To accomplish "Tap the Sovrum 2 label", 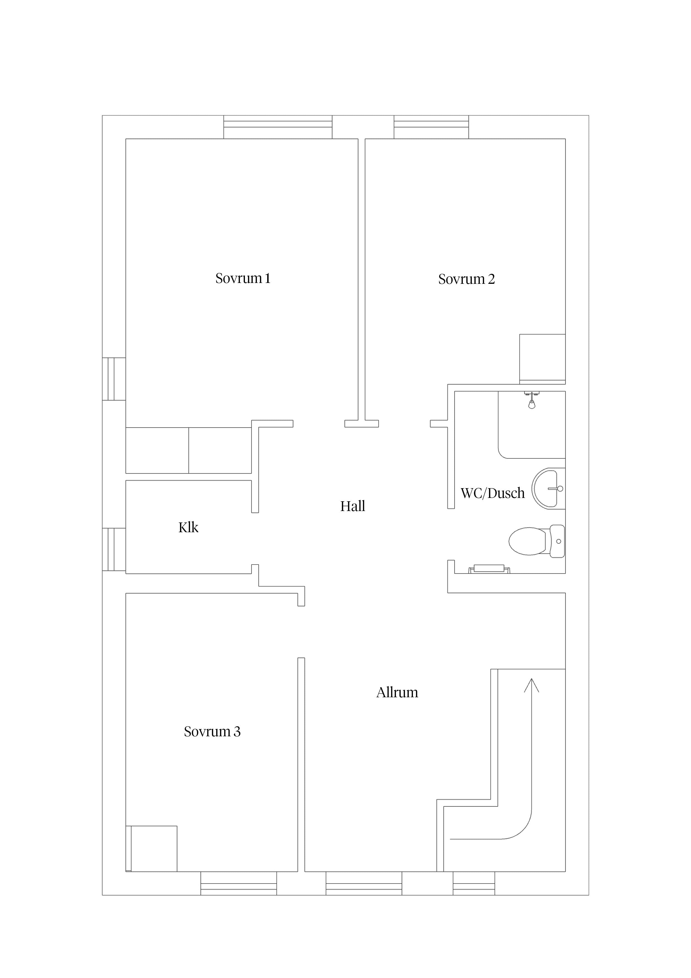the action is [467, 279].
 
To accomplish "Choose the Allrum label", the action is [397, 692].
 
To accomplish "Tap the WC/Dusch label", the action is [493, 493].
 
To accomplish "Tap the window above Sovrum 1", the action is [278, 127].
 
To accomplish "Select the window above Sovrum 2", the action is [431, 127].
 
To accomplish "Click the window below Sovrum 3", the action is [239, 883].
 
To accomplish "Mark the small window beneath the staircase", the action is [474, 883].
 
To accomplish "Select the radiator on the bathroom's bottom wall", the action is [489, 569].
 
